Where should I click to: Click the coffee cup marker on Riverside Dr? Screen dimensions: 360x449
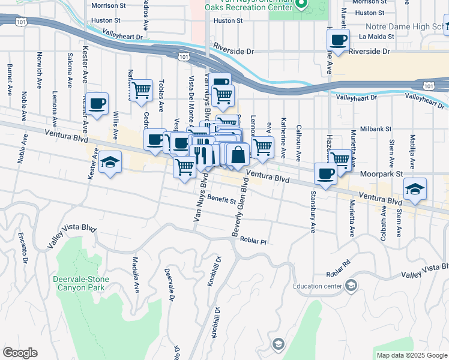[x=338, y=40]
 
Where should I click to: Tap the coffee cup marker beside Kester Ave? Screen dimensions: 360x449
[x=97, y=103]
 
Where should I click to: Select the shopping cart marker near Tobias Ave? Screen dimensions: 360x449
[x=141, y=91]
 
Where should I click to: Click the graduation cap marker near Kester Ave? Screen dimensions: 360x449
[x=110, y=162]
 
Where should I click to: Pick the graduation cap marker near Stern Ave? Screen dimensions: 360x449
[x=415, y=188]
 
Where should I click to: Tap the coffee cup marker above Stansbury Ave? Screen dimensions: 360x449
[x=325, y=173]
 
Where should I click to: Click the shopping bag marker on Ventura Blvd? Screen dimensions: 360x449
[x=238, y=155]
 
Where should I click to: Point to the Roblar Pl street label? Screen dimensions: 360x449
[x=253, y=240]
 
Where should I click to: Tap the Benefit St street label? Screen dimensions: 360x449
[x=221, y=199]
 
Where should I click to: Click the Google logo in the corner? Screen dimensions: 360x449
[x=20, y=353]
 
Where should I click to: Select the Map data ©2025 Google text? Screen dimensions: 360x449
[x=412, y=355]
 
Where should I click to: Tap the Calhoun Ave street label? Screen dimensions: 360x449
[x=298, y=143]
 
